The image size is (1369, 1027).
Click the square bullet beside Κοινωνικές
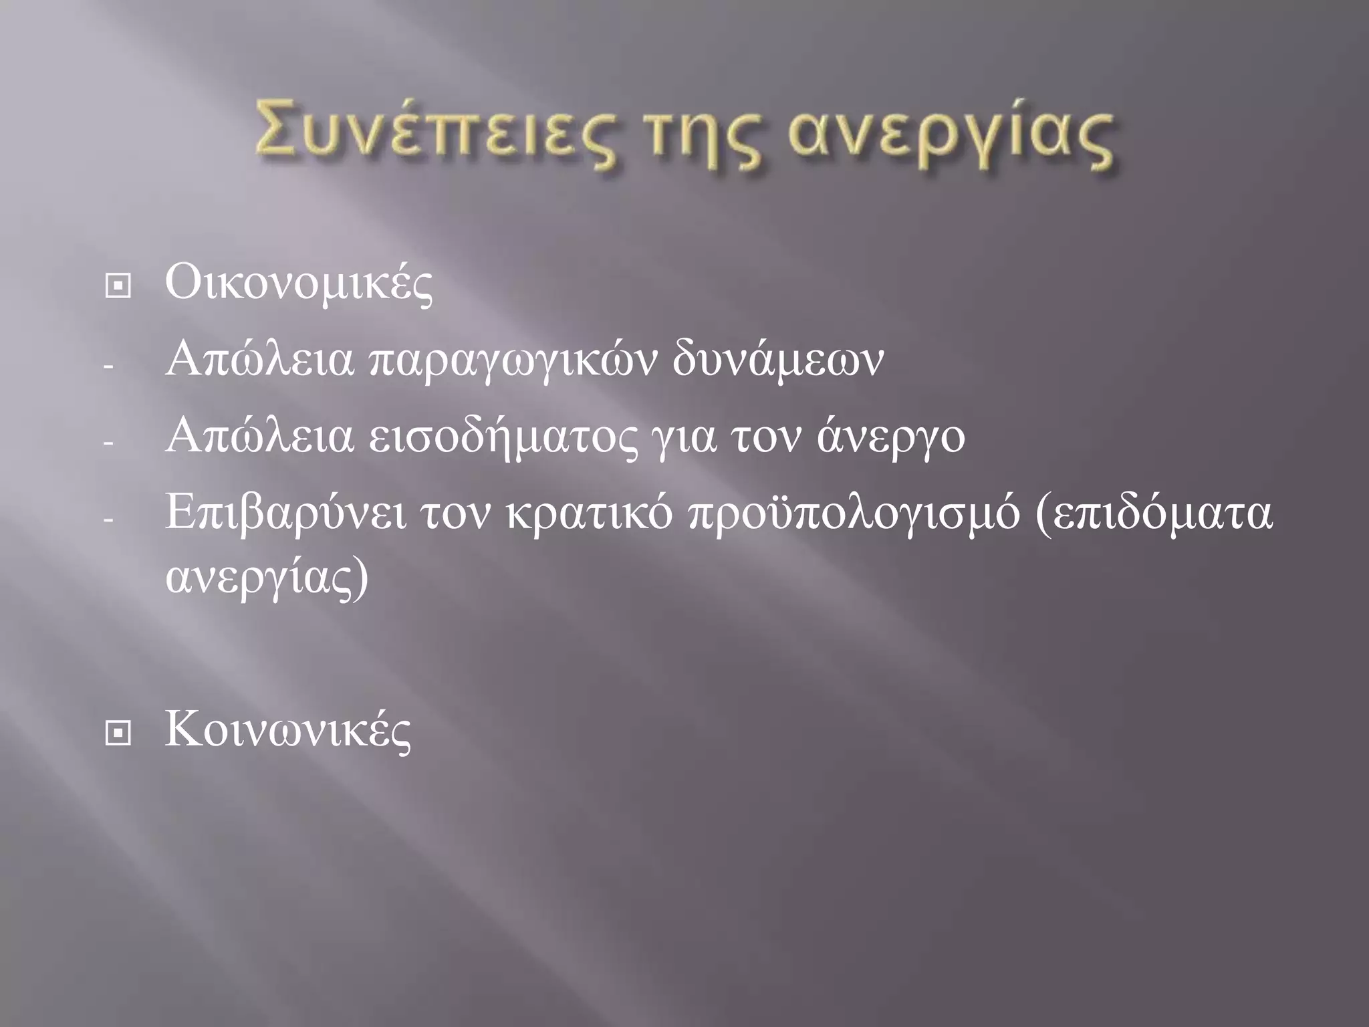tap(118, 733)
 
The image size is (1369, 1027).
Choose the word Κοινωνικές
tap(287, 730)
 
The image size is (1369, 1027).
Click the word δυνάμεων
tap(777, 361)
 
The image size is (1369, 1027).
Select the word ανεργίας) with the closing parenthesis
tap(267, 579)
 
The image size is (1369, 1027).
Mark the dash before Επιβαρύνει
tap(110, 520)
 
